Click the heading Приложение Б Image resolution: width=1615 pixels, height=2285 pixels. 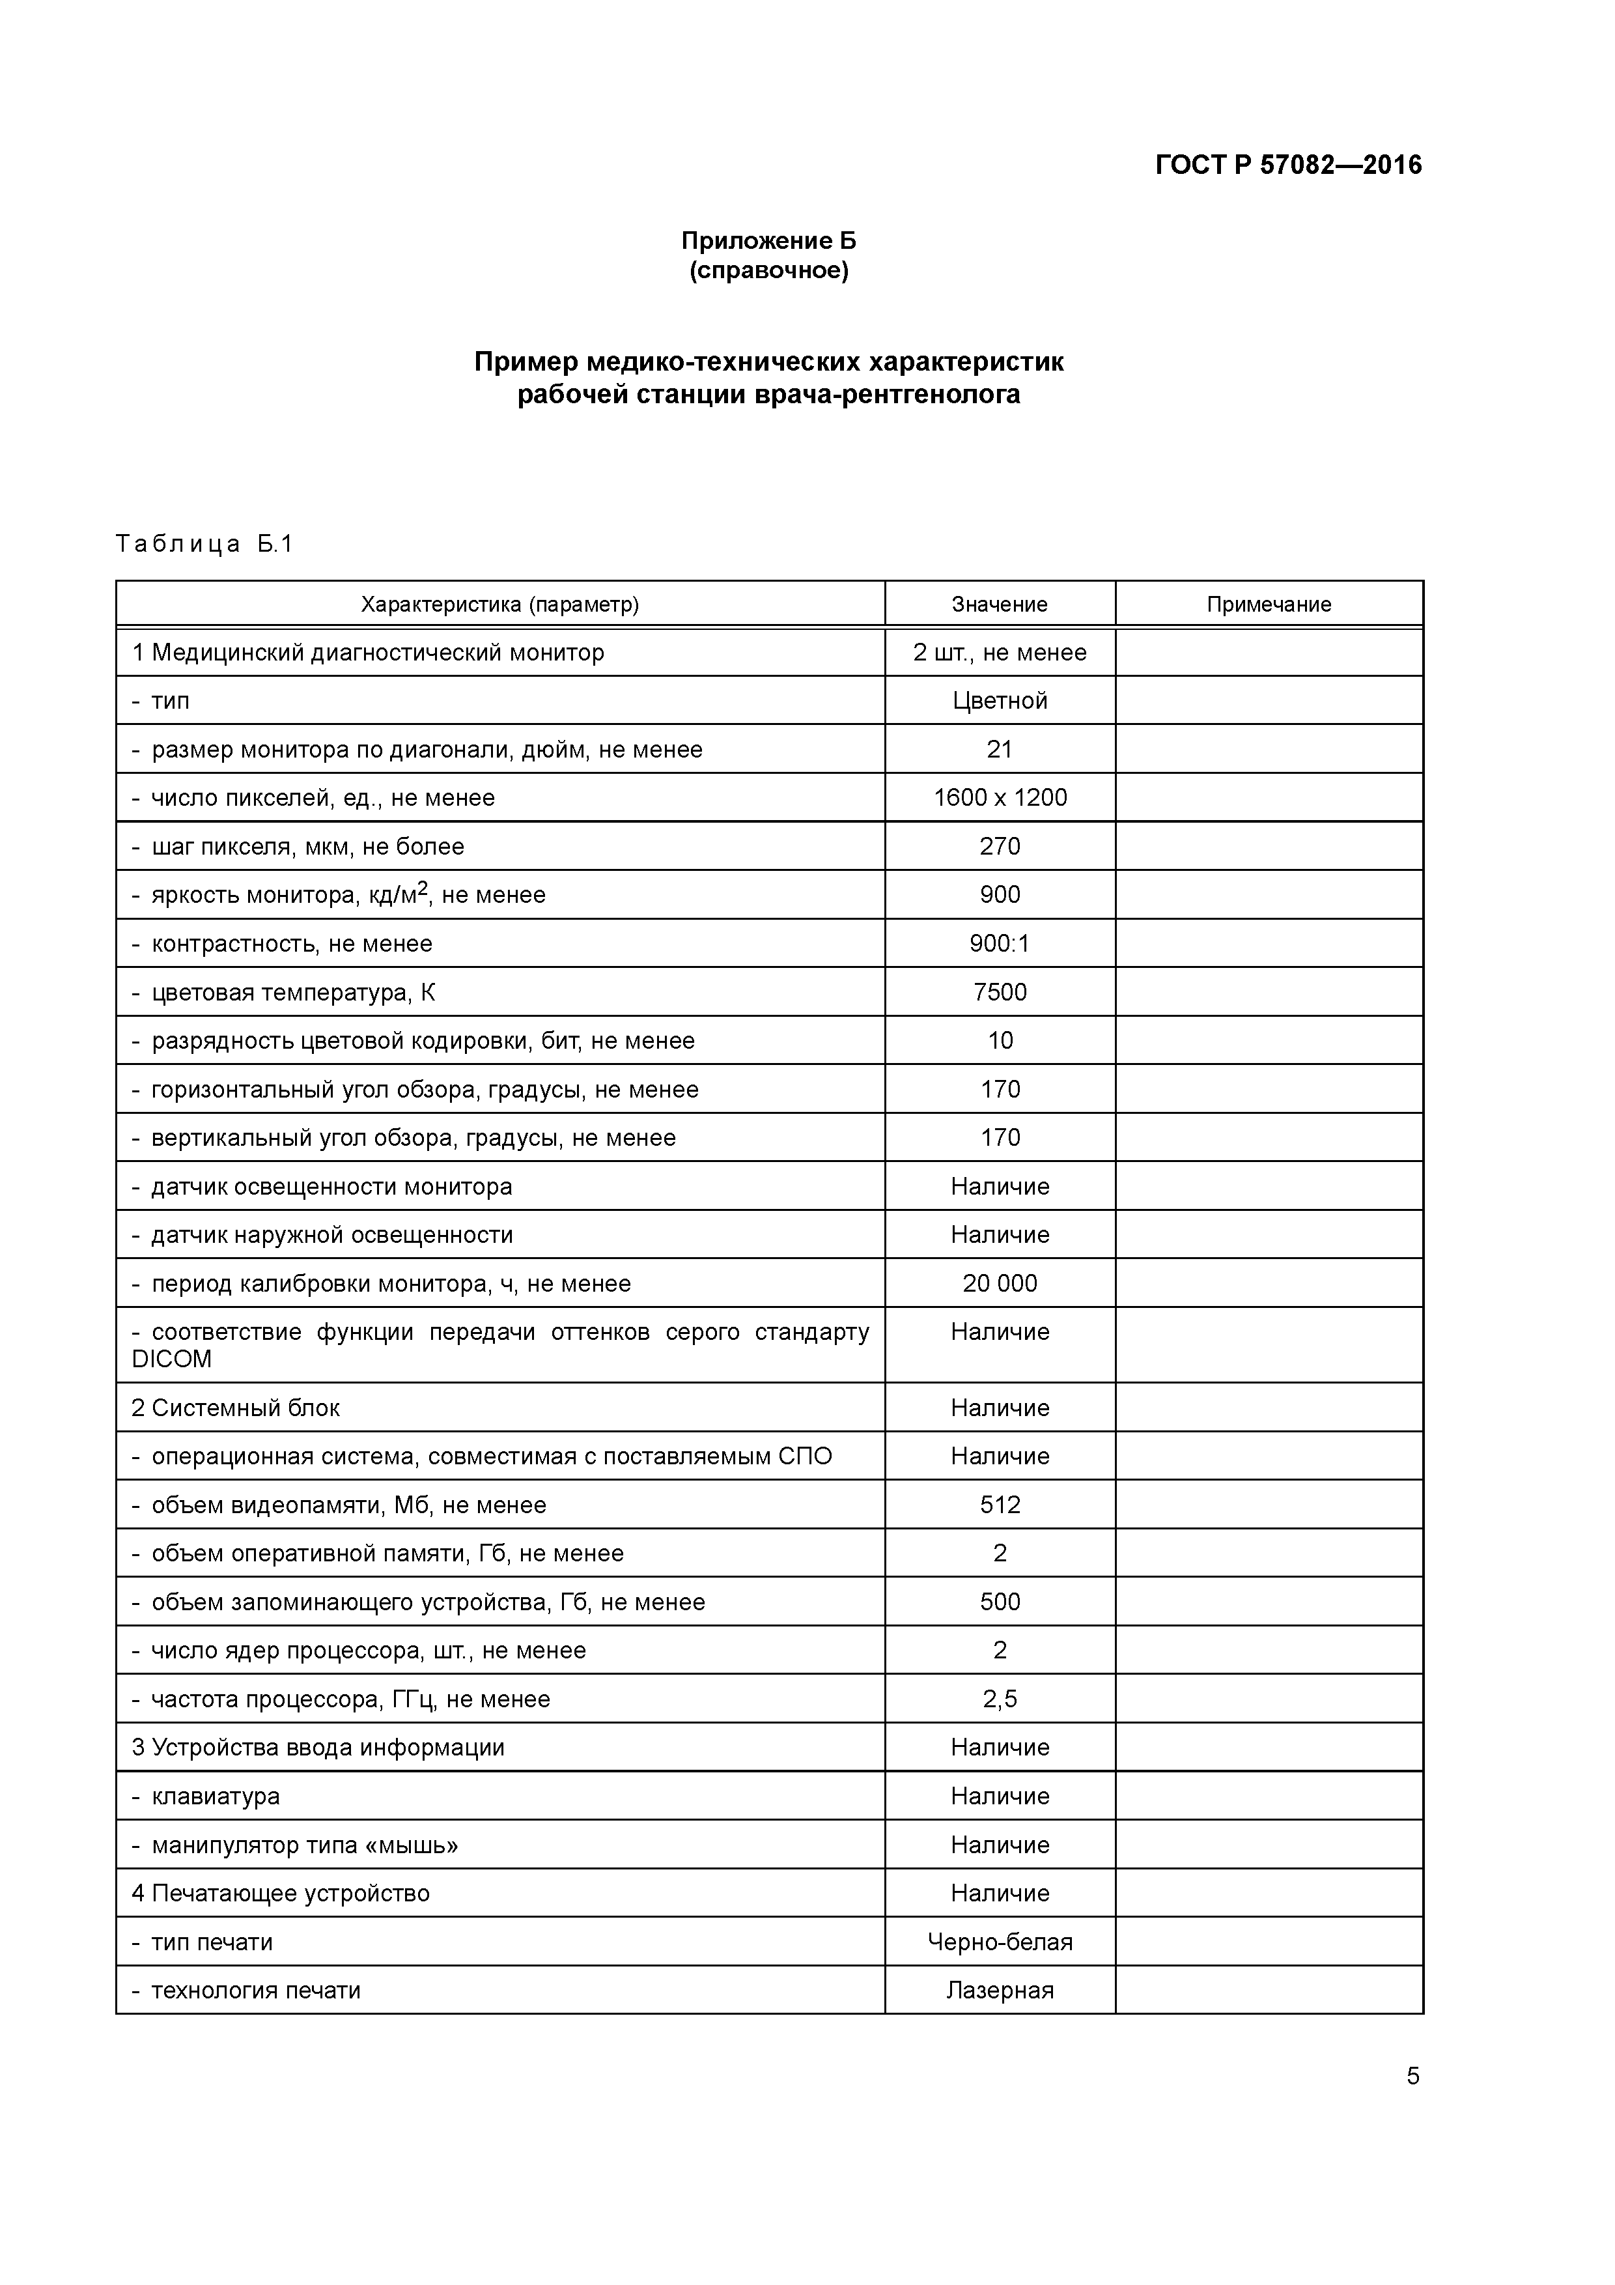768,241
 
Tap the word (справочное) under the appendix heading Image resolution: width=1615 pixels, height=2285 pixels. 768,271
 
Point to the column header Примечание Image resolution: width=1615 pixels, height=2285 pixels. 1268,604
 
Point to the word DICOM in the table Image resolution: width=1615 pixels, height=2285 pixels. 171,1359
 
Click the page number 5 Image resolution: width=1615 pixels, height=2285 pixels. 1412,2076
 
